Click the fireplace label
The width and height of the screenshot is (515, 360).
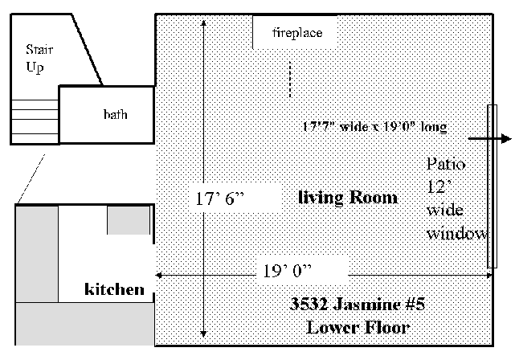[297, 33]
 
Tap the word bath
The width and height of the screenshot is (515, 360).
[115, 114]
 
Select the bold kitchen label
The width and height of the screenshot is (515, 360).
[114, 289]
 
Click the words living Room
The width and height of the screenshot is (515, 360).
[348, 198]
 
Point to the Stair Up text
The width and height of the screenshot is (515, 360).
[39, 59]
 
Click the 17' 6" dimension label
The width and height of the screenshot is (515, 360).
[219, 198]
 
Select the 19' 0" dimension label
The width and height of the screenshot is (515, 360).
[287, 271]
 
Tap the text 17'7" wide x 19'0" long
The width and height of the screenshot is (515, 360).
[374, 126]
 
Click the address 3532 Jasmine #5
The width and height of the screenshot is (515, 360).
[358, 304]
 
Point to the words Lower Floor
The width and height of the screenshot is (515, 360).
[358, 328]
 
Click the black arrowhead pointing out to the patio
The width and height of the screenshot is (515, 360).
[506, 138]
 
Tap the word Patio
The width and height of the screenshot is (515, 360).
[446, 164]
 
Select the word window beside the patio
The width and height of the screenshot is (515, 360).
[457, 234]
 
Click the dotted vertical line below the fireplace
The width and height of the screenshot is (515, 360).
[290, 80]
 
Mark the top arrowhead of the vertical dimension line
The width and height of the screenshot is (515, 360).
[203, 23]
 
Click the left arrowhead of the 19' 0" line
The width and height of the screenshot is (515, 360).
[158, 276]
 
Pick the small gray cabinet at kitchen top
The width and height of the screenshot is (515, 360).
[129, 220]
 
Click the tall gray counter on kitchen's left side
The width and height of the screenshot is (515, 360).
[37, 254]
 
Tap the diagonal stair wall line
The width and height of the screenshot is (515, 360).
[87, 50]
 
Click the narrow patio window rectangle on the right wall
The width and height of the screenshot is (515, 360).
[492, 186]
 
